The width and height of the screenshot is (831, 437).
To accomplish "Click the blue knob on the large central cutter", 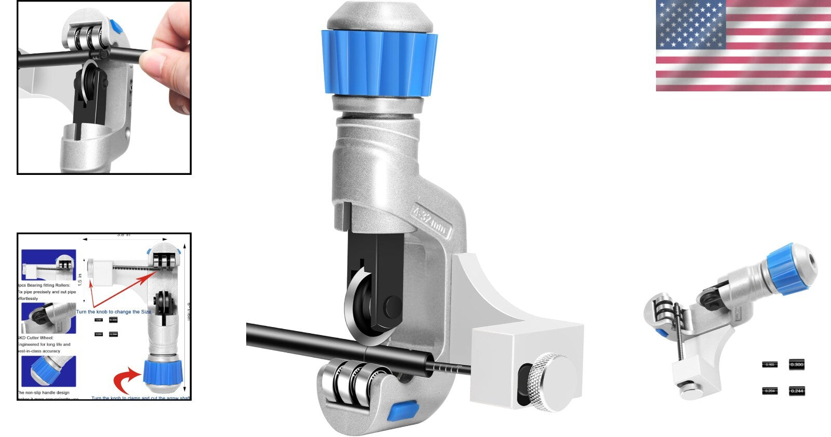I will point(379,63).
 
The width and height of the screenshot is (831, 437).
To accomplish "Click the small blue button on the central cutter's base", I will point(404,411).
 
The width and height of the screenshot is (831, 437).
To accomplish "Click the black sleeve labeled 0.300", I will point(796,364).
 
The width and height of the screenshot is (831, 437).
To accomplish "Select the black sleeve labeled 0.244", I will point(796,390).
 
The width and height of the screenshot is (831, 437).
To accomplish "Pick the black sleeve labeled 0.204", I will point(770,390).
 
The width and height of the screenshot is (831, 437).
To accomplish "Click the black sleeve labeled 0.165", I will point(770,364).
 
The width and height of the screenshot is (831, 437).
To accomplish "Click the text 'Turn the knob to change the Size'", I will point(114,312).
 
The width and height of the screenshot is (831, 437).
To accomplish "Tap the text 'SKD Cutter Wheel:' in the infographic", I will point(35,338).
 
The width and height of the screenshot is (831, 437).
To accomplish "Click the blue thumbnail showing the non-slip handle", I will point(49,371).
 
